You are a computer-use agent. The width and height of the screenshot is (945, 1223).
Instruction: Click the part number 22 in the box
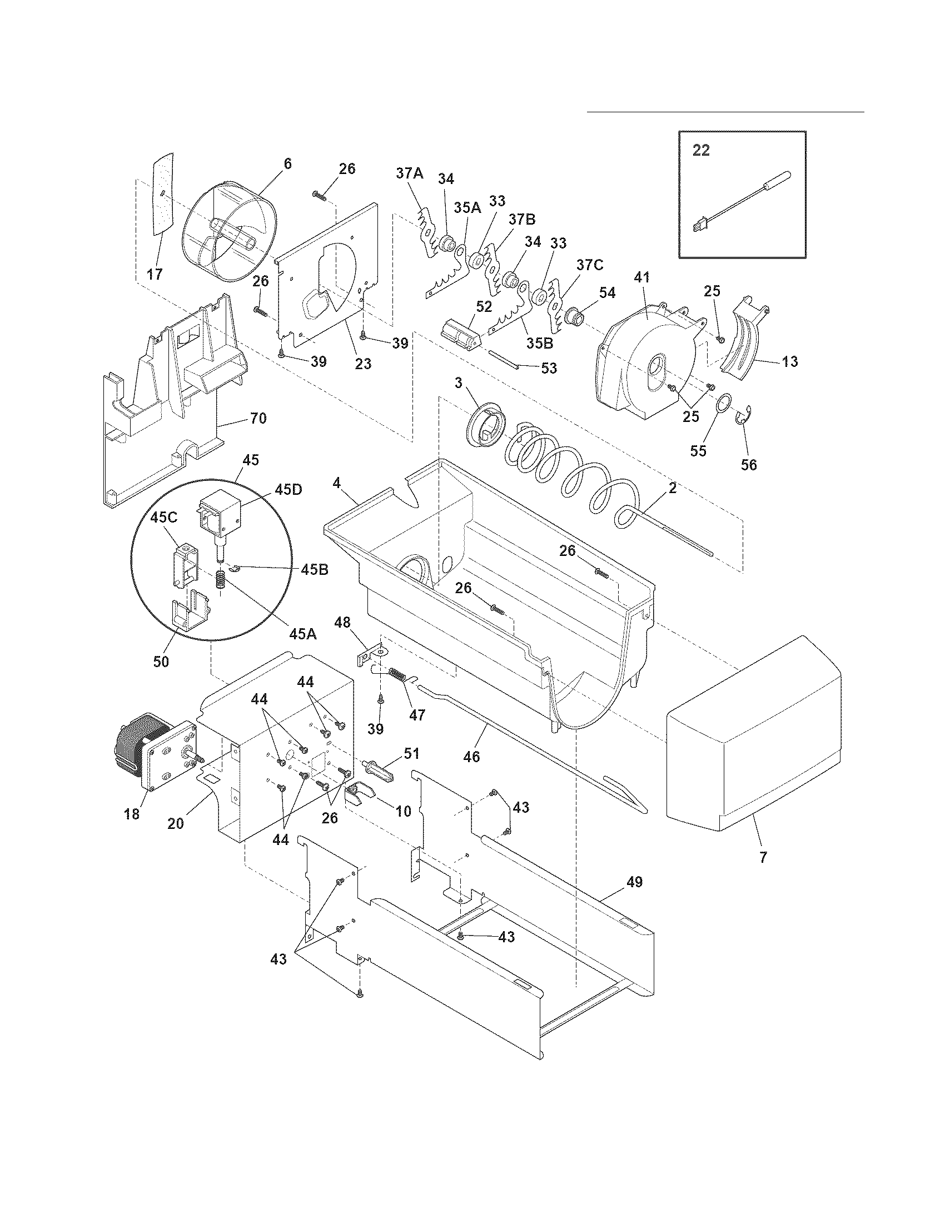click(701, 151)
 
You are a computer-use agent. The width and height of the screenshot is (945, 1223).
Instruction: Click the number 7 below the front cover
click(764, 856)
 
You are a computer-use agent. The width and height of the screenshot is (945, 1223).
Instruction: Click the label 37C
click(589, 265)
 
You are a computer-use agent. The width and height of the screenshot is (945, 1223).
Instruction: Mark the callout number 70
click(258, 417)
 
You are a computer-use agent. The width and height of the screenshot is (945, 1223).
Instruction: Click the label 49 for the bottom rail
click(634, 882)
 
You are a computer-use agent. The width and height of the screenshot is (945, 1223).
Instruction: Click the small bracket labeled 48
click(369, 655)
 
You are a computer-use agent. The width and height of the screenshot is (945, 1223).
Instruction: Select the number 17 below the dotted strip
click(155, 274)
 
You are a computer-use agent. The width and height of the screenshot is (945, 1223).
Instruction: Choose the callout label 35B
click(539, 342)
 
